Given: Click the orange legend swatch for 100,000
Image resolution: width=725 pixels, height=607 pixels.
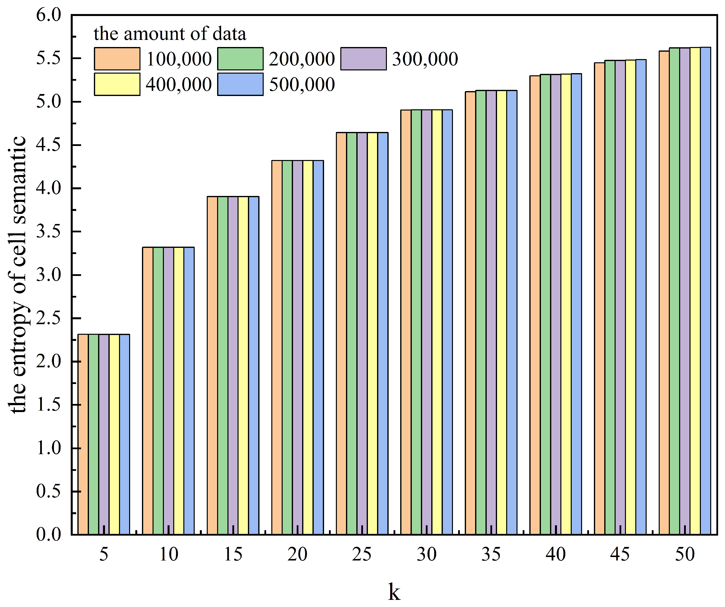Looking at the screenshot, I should pos(117,59).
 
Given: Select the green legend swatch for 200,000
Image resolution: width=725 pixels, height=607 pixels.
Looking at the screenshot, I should pos(240,59).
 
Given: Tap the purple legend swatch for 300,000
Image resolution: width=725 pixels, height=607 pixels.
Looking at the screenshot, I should pos(363,59).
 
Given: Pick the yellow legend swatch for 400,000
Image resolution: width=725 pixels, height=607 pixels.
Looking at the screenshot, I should pos(117,84).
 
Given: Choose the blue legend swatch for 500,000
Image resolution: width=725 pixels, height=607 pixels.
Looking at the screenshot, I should pos(240,84).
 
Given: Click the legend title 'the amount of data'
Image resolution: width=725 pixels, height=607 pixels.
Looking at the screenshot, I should pos(170,34).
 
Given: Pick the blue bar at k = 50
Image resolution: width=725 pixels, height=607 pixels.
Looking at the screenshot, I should pos(705,293).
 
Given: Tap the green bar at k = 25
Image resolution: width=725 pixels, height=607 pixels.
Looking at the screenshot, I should pos(352,335).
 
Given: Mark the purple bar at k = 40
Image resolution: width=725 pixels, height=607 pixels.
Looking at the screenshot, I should pos(556,303).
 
